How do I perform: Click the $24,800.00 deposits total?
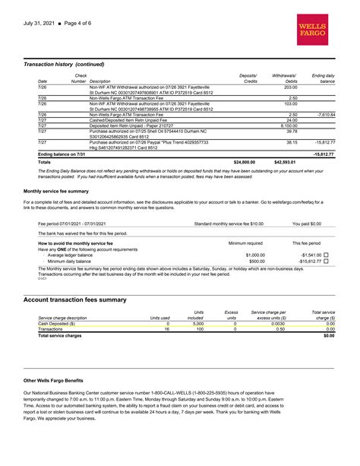coord(244,162)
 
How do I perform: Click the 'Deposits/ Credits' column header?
coord(248,78)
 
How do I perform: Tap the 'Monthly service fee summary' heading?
coord(55,191)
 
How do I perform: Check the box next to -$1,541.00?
coord(326,255)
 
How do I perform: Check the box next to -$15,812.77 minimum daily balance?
coord(326,261)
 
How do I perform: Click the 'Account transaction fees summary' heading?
coord(75,300)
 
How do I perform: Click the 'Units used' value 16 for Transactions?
coord(166,329)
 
